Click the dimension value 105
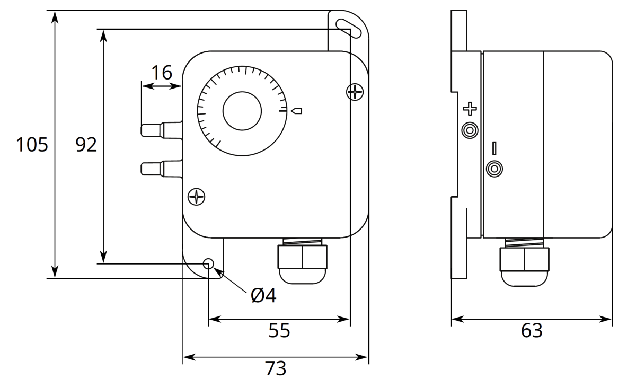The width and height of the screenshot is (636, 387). click(x=32, y=145)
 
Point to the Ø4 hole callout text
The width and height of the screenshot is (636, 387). click(x=263, y=295)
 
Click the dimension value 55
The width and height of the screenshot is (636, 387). click(x=279, y=331)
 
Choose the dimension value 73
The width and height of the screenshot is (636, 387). click(x=275, y=368)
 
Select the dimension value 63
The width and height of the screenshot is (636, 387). click(x=532, y=331)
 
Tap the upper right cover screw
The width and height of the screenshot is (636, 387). click(x=355, y=92)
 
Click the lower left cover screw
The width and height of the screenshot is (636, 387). click(x=197, y=197)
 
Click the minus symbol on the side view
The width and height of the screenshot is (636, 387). click(x=494, y=148)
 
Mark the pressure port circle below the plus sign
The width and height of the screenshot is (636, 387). click(x=470, y=130)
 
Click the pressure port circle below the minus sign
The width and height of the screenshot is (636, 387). click(x=494, y=169)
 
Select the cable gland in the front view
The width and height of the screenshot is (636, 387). click(x=302, y=261)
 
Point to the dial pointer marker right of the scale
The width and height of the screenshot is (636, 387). click(x=297, y=111)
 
